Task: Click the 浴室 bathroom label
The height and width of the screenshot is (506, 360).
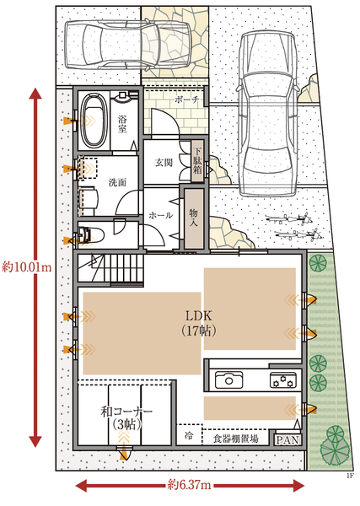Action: (122, 124)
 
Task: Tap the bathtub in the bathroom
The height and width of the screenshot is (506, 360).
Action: (94, 121)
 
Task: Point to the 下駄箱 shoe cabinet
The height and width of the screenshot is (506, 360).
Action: (197, 161)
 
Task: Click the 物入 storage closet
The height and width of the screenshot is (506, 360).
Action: (194, 218)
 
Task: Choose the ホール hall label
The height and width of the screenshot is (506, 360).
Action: (161, 215)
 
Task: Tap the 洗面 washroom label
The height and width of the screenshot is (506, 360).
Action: (117, 183)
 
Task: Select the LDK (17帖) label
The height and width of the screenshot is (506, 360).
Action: (198, 323)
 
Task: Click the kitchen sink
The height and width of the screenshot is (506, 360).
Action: (228, 380)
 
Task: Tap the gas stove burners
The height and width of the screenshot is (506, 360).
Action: (283, 380)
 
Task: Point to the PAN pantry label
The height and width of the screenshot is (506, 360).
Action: (288, 440)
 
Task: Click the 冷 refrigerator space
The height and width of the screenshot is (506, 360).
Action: (190, 435)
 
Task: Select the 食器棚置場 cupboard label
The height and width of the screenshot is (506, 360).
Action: (235, 439)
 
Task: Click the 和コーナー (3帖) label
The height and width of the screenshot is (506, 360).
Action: (126, 418)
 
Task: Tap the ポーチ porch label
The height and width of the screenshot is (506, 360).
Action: (187, 100)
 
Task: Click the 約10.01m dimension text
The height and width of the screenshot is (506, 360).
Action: (26, 267)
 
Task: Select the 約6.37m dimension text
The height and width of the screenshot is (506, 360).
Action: (190, 485)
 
